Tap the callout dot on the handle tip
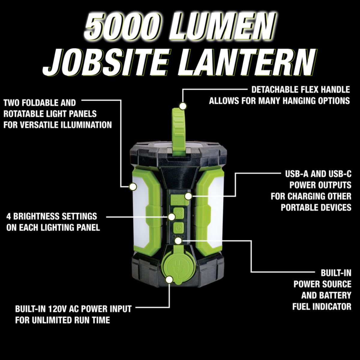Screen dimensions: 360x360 (x=183, y=106)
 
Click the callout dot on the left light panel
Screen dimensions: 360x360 (x=133, y=187)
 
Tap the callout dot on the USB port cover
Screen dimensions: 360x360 (x=188, y=196)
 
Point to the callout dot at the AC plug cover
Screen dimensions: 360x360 (x=169, y=280)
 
